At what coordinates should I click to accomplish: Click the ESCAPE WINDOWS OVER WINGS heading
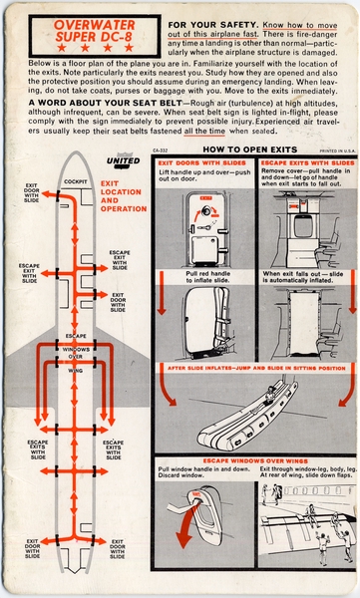(x=253, y=460)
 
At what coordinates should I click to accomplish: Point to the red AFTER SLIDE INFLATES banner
(x=253, y=367)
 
